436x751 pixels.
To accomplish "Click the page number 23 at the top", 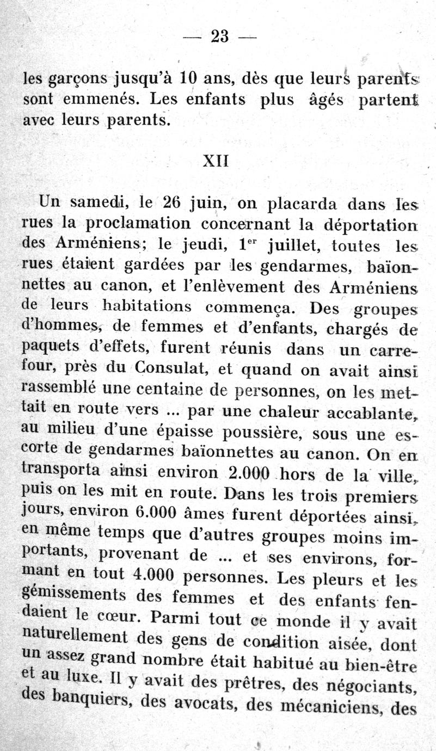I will click(219, 36).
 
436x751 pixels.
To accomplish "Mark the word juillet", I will click(297, 246).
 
